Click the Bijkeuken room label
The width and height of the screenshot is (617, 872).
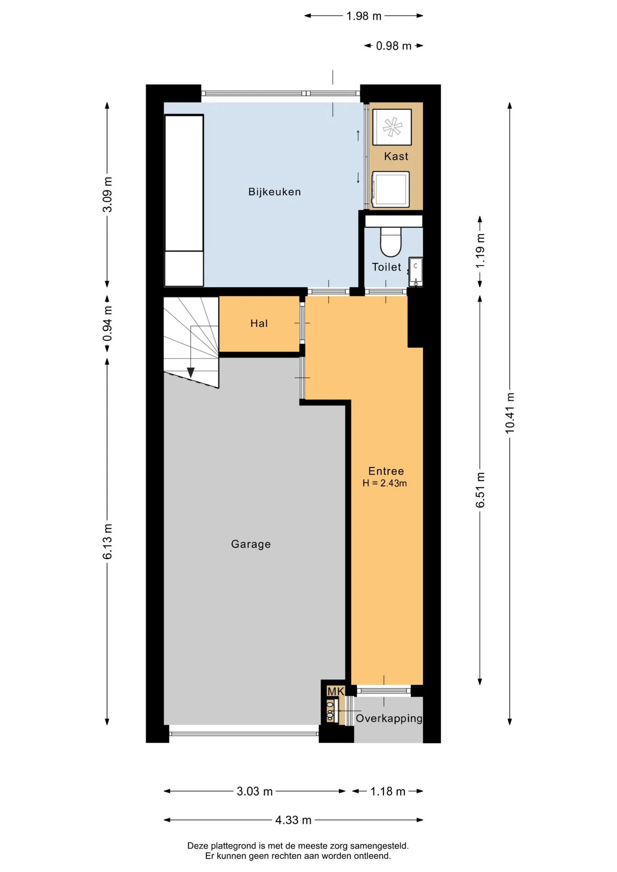tap(274, 192)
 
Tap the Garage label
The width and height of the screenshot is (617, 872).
tap(251, 544)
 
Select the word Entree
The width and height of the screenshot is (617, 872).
tap(386, 471)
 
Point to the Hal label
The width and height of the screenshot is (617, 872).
tap(259, 323)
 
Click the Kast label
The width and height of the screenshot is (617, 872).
tap(396, 156)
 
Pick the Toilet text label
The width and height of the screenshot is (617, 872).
tap(387, 267)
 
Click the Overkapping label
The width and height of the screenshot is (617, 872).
tap(389, 718)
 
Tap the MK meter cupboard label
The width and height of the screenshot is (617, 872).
tap(336, 691)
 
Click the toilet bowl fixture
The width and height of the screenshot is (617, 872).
tap(391, 242)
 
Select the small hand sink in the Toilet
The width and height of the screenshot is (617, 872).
tap(416, 272)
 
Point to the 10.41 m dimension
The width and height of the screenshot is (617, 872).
tap(510, 413)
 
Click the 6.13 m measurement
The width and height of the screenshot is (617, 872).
tap(107, 541)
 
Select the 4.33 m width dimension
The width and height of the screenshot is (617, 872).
tap(294, 820)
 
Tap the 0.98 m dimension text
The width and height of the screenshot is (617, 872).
tap(394, 46)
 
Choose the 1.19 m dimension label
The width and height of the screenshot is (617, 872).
tap(480, 251)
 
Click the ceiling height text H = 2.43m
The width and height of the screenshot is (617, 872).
tap(384, 483)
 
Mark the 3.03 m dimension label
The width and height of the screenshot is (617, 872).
tap(255, 791)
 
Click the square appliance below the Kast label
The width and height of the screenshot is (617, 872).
tap(391, 189)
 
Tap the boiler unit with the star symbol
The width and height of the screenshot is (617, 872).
tap(392, 127)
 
